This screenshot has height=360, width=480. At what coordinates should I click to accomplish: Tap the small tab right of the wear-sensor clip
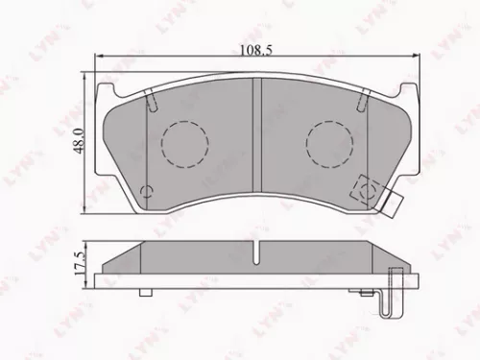tap(395, 204)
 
